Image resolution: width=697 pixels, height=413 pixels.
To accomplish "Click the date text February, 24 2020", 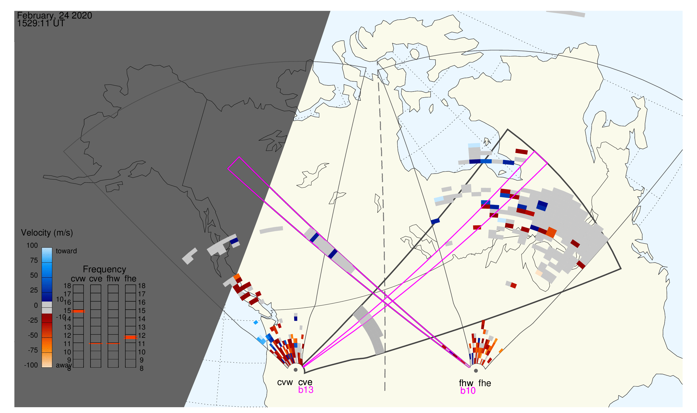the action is (55, 15).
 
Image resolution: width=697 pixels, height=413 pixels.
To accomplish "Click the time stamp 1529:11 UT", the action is (41, 23).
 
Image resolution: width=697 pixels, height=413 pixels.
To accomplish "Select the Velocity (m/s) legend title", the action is (47, 233).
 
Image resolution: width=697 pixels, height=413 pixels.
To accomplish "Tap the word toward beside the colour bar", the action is (66, 251).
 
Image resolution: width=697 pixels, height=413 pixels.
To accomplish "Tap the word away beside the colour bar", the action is (64, 365).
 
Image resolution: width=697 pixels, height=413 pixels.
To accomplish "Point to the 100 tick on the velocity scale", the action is (32, 246).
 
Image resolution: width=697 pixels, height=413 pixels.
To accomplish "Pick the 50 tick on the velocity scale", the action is (34, 276).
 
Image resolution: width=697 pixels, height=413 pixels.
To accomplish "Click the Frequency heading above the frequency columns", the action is (105, 270).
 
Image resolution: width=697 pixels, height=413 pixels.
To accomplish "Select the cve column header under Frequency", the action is (95, 279).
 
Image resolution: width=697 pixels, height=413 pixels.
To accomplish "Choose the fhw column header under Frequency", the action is (113, 279).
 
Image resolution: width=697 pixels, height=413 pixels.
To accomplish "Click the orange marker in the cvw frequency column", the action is (78, 312).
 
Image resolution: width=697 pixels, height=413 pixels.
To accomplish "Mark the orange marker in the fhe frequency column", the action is (130, 337).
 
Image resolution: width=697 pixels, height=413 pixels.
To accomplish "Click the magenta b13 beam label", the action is (306, 390).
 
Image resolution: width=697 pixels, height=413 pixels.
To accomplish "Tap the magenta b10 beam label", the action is (468, 391).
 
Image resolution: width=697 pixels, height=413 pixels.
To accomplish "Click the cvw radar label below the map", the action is (285, 383).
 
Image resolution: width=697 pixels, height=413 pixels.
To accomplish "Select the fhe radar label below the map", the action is (485, 383).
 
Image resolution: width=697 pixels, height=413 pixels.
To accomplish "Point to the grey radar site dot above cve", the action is (296, 370).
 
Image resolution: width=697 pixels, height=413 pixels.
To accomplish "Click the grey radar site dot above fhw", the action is (476, 371).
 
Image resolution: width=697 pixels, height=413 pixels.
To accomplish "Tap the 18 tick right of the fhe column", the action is (142, 286).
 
